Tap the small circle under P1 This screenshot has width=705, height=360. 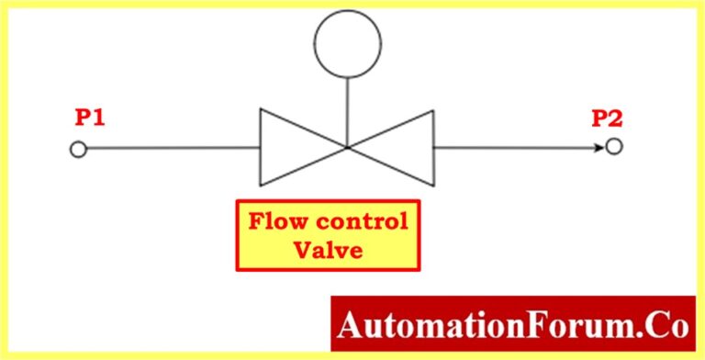coord(78,149)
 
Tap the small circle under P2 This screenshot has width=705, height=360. coord(614,147)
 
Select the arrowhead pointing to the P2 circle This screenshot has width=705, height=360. coord(598,147)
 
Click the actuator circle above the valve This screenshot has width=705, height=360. coord(346,43)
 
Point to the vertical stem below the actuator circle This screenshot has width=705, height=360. coord(346,110)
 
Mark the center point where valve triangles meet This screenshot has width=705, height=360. coord(346,147)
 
